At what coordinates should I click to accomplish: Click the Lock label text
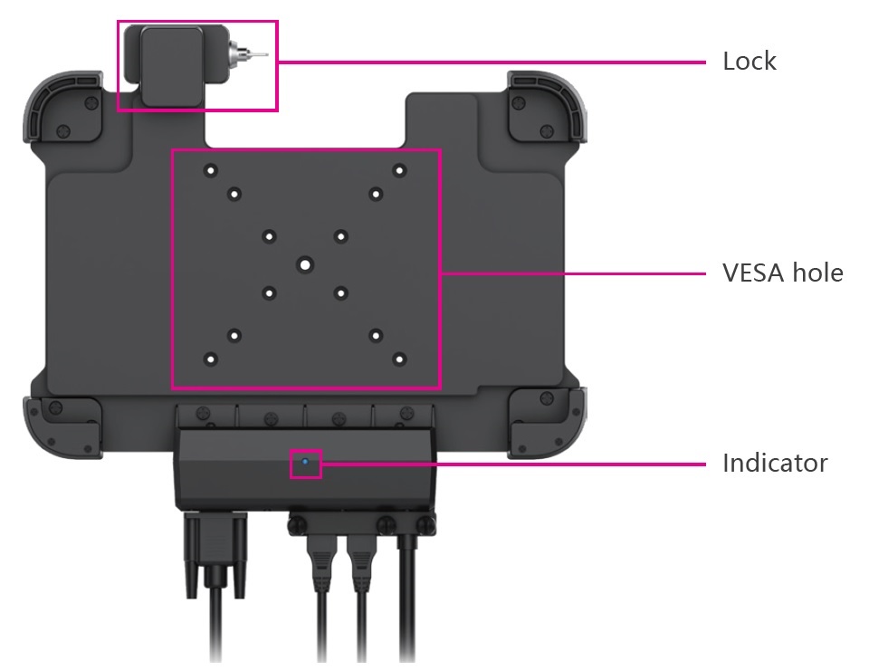pos(749,62)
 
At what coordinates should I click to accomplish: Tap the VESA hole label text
pos(782,273)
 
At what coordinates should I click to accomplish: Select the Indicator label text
pos(774,464)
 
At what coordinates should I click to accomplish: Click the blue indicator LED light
pos(305,462)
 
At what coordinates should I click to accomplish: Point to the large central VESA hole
pos(305,264)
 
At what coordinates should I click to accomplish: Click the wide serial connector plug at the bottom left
pos(215,552)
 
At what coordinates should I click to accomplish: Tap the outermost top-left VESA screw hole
pos(210,169)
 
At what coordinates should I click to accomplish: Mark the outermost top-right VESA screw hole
pos(398,169)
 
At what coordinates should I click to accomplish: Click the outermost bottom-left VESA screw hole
pos(210,359)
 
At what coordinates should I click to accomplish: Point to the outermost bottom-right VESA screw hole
pos(398,359)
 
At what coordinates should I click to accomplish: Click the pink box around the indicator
pos(291,463)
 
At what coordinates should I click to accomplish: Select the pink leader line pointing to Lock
pos(489,62)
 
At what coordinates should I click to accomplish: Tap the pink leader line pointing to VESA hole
pos(570,273)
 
